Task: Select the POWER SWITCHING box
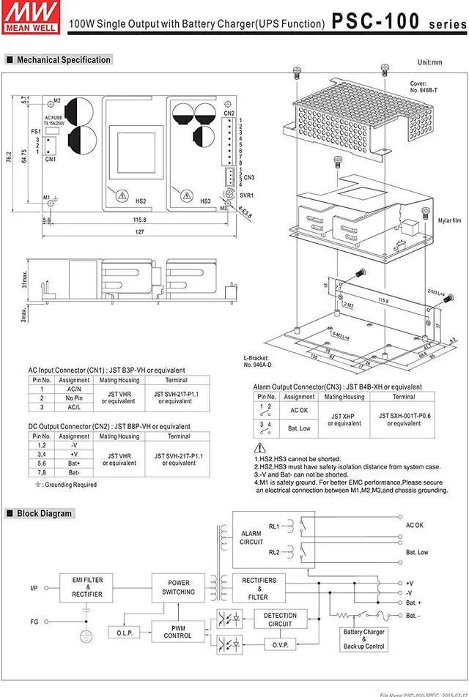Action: click(x=178, y=587)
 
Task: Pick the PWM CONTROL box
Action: click(x=178, y=631)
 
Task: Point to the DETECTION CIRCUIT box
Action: click(x=280, y=620)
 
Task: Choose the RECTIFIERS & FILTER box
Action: click(x=258, y=589)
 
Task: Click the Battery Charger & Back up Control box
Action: click(x=364, y=639)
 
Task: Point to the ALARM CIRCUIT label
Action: click(x=251, y=538)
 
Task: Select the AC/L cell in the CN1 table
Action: click(x=74, y=406)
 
